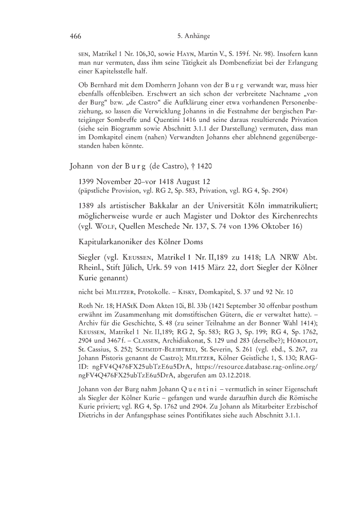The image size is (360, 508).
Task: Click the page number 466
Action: point(76,37)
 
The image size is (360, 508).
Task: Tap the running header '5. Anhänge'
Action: point(192,37)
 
